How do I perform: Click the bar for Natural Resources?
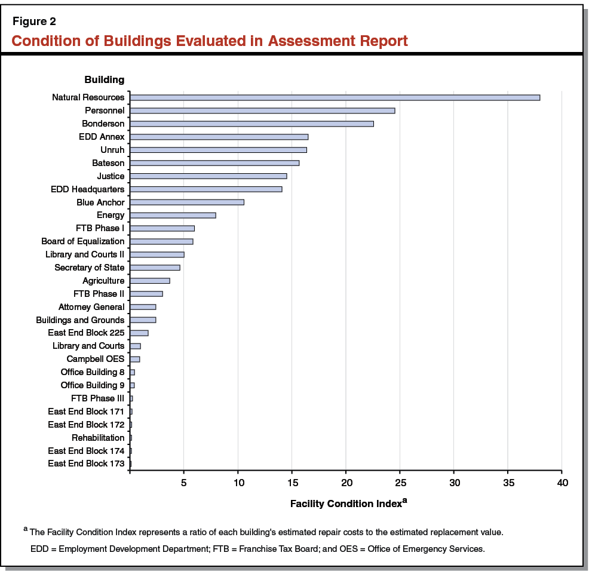click(x=335, y=97)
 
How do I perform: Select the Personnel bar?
click(x=262, y=110)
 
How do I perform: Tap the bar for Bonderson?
click(x=251, y=124)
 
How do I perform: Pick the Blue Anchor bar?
click(x=187, y=202)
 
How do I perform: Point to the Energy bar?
click(x=173, y=215)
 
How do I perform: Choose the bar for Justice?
click(x=208, y=176)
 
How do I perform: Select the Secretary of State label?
click(x=90, y=268)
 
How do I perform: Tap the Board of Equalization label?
click(x=83, y=241)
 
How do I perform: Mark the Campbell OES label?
click(x=96, y=359)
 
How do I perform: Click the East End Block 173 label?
click(x=86, y=463)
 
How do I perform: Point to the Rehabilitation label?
click(x=98, y=438)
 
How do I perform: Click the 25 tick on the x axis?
click(x=400, y=482)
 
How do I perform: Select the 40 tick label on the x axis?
click(x=562, y=482)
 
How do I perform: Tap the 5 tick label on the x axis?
click(x=184, y=482)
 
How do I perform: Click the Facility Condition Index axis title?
click(x=345, y=504)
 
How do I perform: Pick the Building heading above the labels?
click(x=104, y=79)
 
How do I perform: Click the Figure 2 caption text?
click(x=34, y=22)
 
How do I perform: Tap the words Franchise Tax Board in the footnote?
click(x=280, y=548)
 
